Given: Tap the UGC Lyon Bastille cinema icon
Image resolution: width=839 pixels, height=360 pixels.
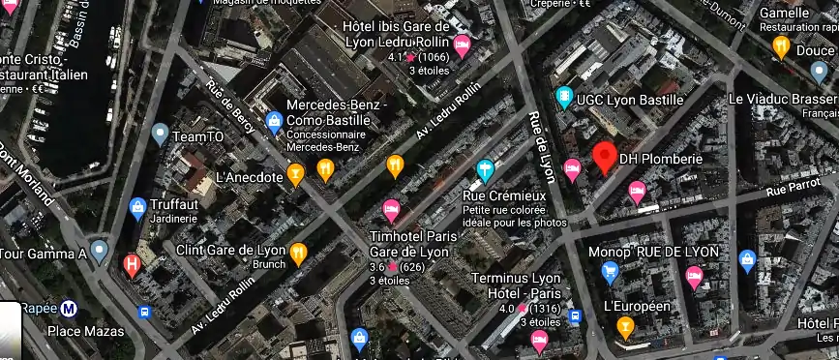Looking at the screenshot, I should tap(564, 98).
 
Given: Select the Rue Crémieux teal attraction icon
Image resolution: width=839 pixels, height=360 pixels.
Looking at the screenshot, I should tap(485, 172).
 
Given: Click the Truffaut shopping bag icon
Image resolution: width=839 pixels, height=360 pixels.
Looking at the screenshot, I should tap(138, 206).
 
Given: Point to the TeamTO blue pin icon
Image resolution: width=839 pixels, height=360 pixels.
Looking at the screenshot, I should tap(161, 135).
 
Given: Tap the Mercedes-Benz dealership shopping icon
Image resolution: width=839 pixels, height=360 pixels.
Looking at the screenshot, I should tap(274, 123).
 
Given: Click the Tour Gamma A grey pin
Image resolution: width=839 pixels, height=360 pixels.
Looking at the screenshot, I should tap(98, 251).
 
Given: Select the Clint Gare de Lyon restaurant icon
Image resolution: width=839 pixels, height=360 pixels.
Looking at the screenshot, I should tap(299, 254).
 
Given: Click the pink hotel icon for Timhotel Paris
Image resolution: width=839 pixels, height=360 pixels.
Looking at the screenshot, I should tap(391, 209).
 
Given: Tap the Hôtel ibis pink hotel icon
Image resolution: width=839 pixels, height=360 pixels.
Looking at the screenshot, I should tap(463, 45).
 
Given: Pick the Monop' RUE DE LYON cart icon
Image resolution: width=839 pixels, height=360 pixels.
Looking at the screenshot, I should tap(610, 272).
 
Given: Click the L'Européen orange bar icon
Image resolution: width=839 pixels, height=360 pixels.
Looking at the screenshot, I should tap(625, 327).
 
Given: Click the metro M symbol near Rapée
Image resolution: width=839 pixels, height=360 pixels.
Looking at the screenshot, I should tap(69, 309).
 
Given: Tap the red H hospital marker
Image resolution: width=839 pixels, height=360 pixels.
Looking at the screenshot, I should tap(132, 264).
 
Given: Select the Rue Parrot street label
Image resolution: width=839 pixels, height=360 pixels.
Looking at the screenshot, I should tap(787, 189).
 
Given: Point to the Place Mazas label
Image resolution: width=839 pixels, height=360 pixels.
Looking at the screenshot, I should tap(85, 331).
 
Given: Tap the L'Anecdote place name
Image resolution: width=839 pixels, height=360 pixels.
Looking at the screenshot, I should tap(249, 177).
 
